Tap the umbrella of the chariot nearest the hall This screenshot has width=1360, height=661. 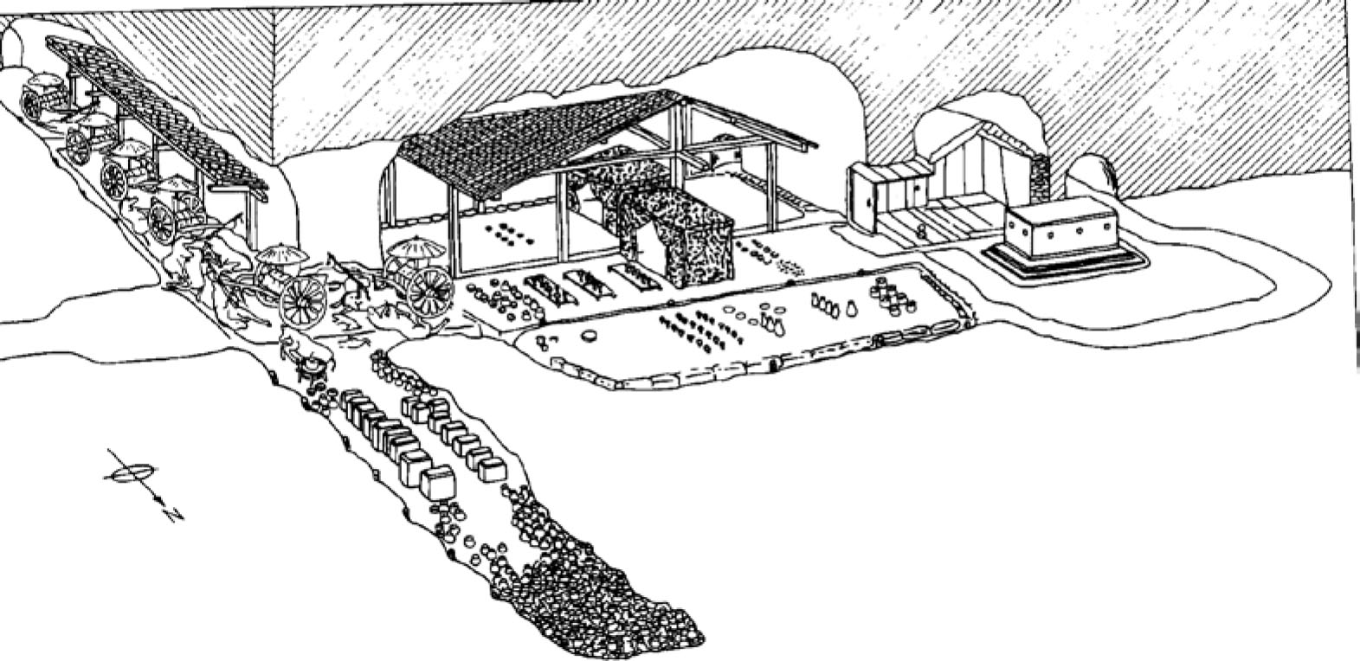point(416,247)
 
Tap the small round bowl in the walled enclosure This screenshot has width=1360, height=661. point(590,335)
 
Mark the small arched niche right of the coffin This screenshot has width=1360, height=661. point(1094,177)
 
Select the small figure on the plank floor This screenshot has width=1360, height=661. point(921,232)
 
